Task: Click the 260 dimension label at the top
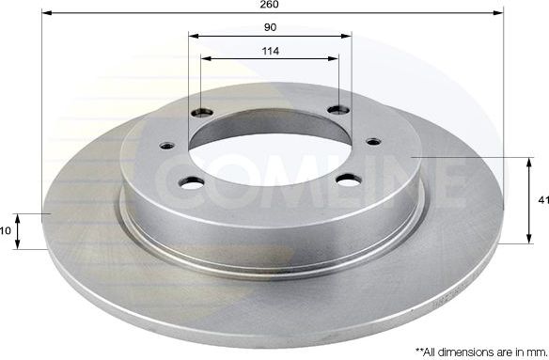pyautogui.click(x=271, y=5)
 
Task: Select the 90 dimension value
pyautogui.click(x=270, y=27)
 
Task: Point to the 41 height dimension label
pyautogui.click(x=541, y=199)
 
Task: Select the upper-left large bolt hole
pyautogui.click(x=200, y=112)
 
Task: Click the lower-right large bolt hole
pyautogui.click(x=348, y=180)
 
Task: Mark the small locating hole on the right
pyautogui.click(x=373, y=142)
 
